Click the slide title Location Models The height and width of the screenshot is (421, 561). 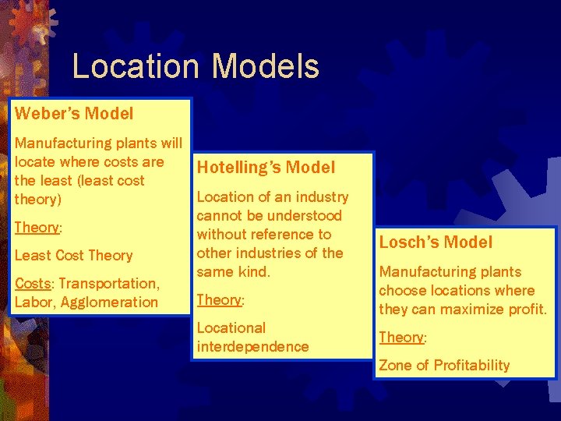(x=196, y=67)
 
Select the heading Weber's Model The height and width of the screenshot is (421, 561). (x=74, y=113)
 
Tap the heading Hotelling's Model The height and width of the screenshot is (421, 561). (x=266, y=168)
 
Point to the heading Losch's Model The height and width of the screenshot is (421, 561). (x=436, y=242)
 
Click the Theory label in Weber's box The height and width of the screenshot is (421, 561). (x=37, y=228)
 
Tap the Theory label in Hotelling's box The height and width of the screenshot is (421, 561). (x=219, y=300)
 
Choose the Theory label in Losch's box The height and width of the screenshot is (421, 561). (x=401, y=338)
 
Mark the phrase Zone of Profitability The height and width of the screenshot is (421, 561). (x=444, y=365)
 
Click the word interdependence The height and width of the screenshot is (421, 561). (x=252, y=346)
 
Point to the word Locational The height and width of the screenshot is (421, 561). (x=231, y=327)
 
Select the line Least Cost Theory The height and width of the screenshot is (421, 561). (x=73, y=255)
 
